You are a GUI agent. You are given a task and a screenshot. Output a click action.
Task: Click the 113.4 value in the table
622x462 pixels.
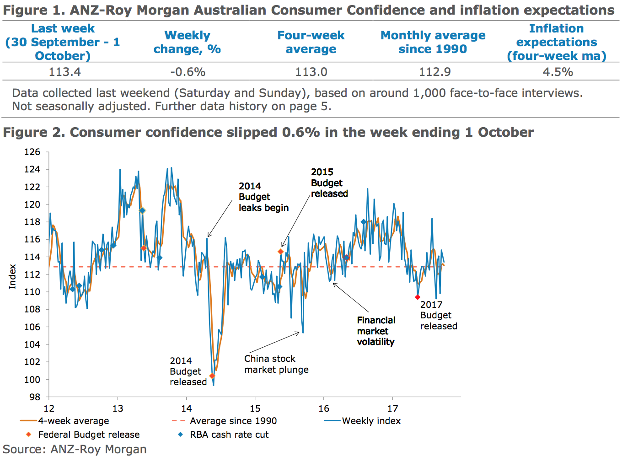64,72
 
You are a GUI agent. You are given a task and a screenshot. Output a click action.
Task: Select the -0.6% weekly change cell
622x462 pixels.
188,72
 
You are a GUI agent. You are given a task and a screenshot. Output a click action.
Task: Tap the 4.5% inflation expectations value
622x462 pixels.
558,72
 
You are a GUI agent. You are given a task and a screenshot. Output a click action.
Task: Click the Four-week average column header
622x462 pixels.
311,42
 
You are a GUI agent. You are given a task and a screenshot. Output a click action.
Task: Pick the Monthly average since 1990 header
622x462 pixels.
433,42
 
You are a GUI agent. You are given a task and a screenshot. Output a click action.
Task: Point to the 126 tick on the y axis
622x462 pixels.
32,152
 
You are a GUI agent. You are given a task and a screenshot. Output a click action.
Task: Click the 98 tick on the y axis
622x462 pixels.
35,397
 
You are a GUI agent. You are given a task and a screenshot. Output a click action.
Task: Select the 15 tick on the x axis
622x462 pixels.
255,408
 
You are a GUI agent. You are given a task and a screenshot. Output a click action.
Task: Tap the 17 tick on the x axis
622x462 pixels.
392,408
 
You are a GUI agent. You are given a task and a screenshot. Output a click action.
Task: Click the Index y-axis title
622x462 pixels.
12,276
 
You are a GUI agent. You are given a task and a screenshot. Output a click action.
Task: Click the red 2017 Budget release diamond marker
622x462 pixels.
418,297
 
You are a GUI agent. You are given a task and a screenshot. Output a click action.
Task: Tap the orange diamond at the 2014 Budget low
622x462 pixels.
212,376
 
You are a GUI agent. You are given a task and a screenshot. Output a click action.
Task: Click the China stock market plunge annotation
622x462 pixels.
276,364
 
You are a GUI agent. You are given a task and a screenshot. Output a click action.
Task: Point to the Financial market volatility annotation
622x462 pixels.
376,331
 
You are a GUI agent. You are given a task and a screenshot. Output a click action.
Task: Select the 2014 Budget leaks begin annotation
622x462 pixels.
263,197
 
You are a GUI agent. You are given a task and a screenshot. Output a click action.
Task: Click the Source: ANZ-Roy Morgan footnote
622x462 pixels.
75,449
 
